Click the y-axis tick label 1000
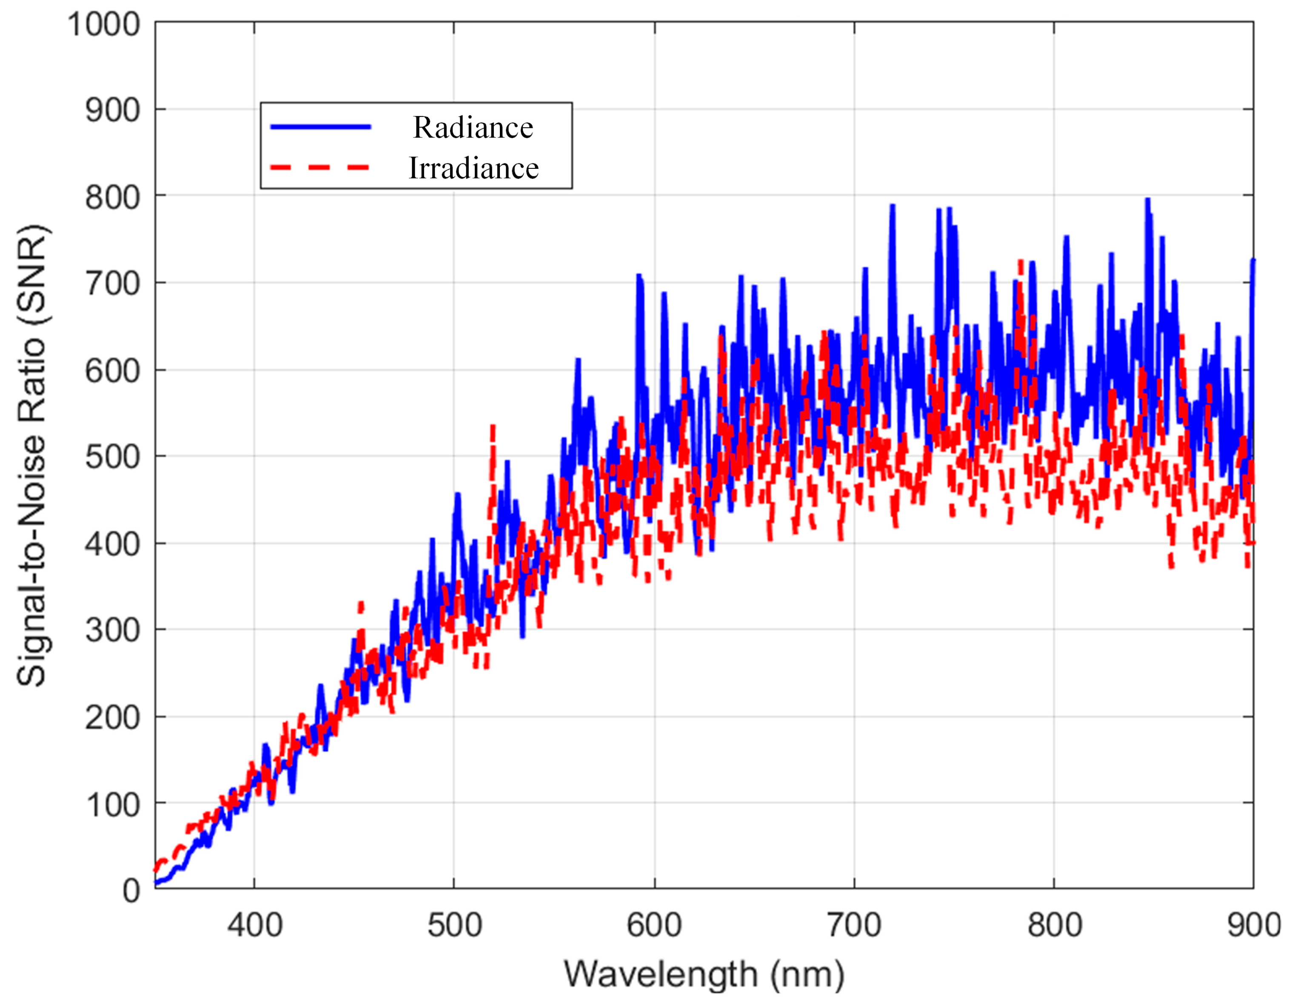pos(103,26)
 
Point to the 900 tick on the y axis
pos(112,111)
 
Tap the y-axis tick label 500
pos(112,457)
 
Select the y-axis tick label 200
pos(112,718)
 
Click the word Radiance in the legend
pos(473,128)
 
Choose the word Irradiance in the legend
pos(473,168)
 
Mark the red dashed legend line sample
pos(321,168)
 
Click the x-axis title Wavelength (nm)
pos(704,974)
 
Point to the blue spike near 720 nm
pos(892,207)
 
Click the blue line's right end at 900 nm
pos(1252,261)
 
